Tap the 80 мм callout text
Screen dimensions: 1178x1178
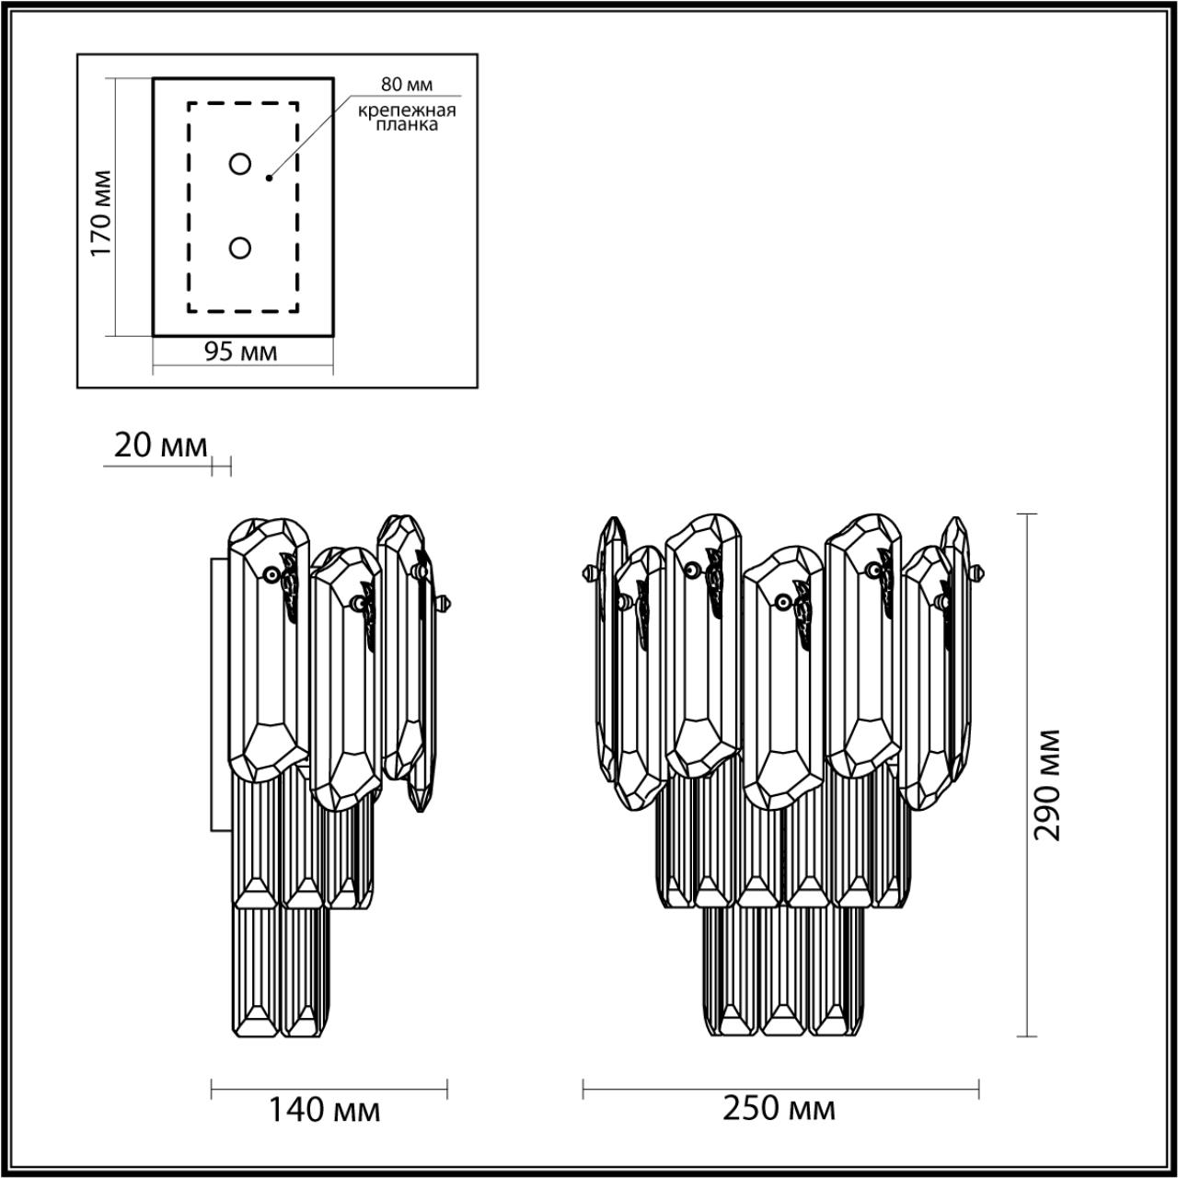point(406,86)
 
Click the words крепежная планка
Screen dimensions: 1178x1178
point(407,118)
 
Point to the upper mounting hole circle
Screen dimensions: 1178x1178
point(240,164)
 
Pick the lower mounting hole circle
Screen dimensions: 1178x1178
point(240,248)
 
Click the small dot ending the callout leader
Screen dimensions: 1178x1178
point(269,177)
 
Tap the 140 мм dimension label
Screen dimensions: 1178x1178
point(324,1111)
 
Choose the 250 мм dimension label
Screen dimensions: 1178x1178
point(780,1109)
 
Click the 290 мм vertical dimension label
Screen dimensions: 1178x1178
point(1047,784)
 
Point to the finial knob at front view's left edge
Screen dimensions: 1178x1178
point(587,573)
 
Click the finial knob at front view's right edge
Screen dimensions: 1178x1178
point(979,573)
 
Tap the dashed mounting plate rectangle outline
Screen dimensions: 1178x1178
point(189,207)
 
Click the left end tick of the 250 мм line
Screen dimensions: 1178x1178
point(583,1090)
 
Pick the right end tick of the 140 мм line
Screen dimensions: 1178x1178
point(447,1090)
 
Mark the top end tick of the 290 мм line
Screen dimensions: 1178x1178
point(1025,514)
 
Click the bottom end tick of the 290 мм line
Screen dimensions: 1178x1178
point(1025,1036)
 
